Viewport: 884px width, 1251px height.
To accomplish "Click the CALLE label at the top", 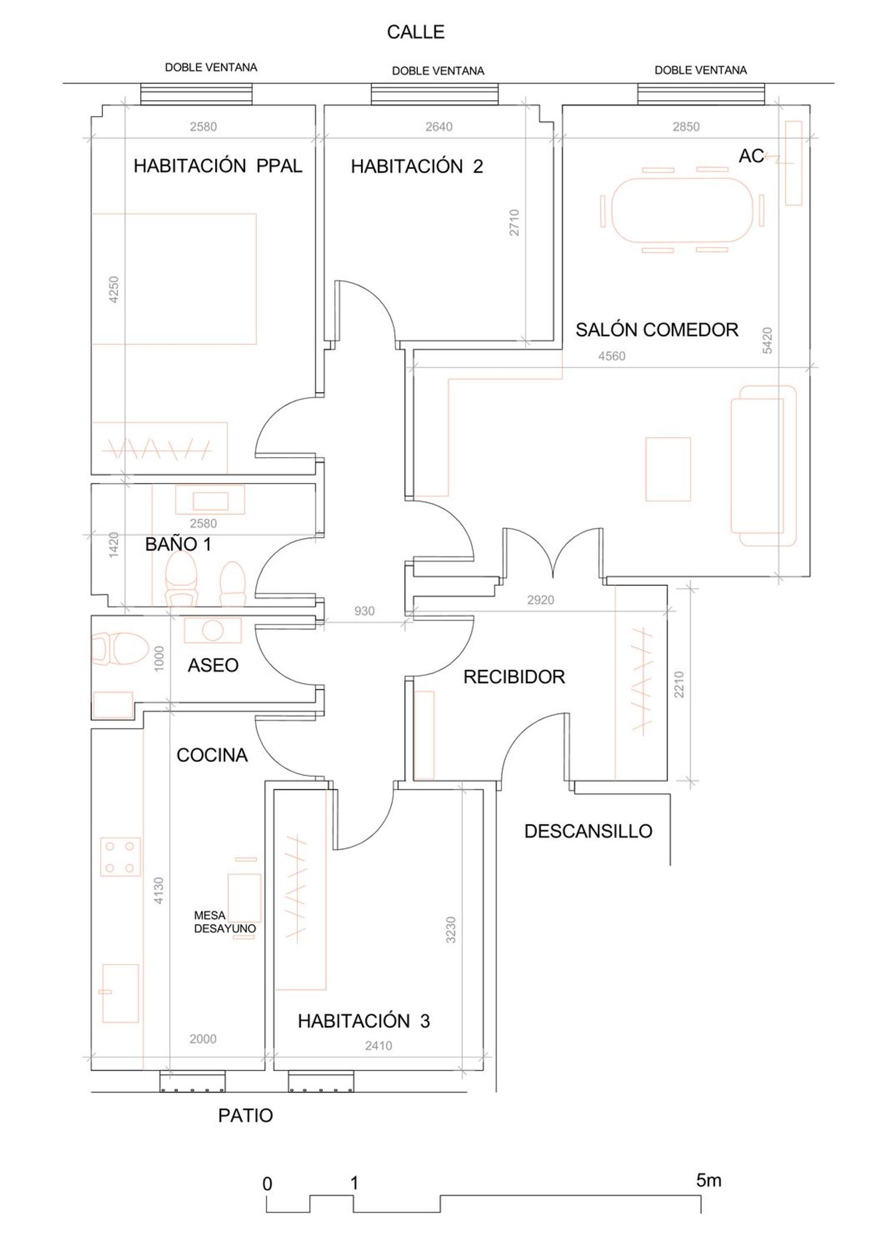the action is (x=415, y=32).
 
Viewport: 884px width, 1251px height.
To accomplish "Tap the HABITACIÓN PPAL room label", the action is (x=218, y=166).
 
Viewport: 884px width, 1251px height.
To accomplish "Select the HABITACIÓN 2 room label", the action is (x=417, y=167).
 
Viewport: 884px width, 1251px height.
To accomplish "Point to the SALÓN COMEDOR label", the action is (x=657, y=330).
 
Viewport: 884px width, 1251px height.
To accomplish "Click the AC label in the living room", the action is (x=751, y=156).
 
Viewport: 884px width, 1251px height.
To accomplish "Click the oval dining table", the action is (x=682, y=210).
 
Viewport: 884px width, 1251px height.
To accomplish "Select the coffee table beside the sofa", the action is (x=668, y=469).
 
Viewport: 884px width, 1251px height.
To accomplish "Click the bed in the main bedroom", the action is (x=174, y=279).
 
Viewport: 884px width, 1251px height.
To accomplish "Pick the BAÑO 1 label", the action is (x=178, y=544).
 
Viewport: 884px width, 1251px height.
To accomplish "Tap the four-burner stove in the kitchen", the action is (x=120, y=856).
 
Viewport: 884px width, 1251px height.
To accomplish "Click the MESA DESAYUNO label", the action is (x=225, y=922).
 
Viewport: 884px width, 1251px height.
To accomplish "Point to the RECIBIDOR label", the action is (x=514, y=677).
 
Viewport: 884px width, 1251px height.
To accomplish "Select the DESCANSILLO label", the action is (x=588, y=832).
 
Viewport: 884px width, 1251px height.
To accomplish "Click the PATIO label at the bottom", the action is (x=246, y=1116).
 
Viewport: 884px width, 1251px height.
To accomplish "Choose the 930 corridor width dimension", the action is (x=364, y=611).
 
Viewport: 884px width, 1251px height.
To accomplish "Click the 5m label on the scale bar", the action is (x=708, y=1180).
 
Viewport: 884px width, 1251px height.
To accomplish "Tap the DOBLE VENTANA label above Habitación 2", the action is (x=438, y=71).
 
